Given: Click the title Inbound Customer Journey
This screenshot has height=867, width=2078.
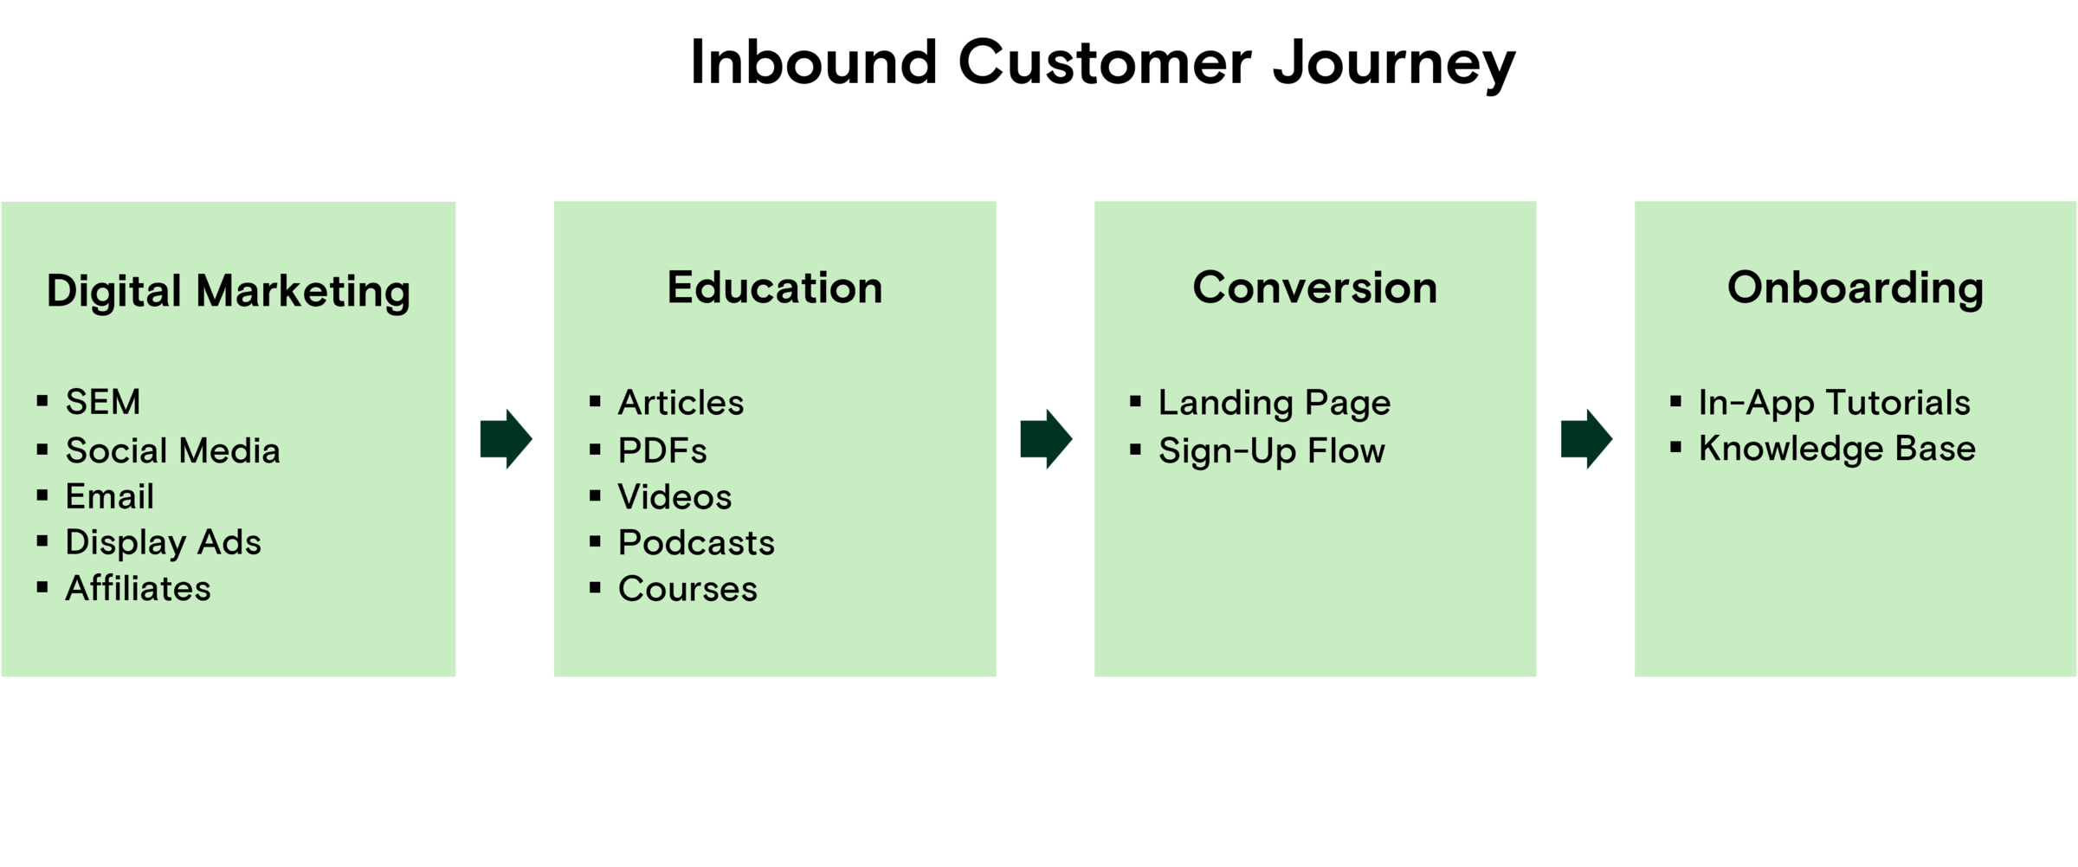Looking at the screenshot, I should point(1101,62).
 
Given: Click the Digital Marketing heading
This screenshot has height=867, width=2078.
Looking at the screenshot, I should point(228,291).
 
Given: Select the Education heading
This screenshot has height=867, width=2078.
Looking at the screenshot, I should point(774,288).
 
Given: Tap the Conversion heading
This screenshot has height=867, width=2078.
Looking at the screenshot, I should point(1314,288).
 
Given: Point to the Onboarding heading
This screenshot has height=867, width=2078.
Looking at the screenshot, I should point(1855,288).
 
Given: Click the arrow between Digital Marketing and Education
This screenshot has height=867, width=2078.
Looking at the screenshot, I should point(506,439).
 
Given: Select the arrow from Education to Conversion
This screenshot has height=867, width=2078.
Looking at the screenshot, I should point(1046,439).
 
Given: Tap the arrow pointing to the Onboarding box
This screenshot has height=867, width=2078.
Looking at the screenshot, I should point(1586,439).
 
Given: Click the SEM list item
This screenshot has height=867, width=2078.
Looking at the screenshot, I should point(102,402).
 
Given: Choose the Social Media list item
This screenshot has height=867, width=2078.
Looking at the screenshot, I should point(172,450).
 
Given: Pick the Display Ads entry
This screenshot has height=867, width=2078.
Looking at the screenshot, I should point(163,542).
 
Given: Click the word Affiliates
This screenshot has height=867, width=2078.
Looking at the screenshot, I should point(138,589).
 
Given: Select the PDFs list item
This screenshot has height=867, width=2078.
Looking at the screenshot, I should point(662,450).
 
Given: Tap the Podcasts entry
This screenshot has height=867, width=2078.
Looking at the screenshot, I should point(696,543).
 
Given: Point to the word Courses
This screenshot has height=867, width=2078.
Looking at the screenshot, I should point(687,589).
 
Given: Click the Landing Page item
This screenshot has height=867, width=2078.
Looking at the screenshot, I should point(1274,403).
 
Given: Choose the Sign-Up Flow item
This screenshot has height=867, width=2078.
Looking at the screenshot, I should point(1271,451).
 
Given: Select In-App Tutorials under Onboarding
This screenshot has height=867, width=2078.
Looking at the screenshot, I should point(1834,403).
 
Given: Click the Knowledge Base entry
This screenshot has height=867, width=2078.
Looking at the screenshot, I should point(1836,449).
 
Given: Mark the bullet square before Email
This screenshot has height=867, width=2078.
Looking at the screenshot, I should point(42,495).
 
